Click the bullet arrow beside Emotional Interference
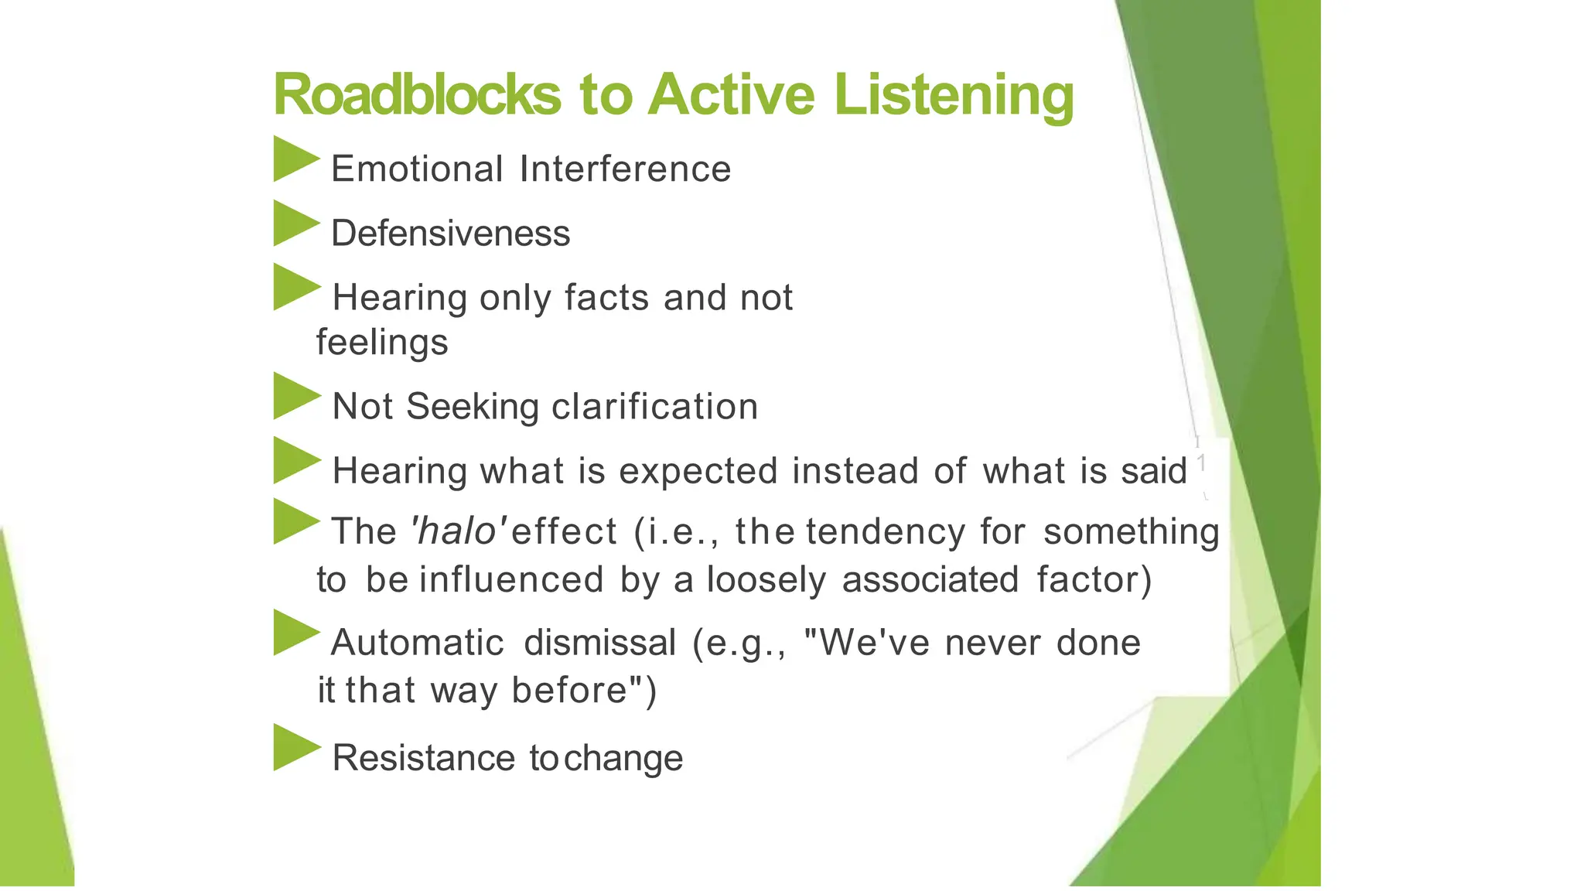(295, 159)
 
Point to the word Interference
(625, 169)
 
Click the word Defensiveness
(450, 234)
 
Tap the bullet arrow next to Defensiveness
(295, 224)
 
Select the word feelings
(382, 342)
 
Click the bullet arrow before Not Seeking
(295, 397)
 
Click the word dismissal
(599, 643)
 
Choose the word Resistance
(423, 758)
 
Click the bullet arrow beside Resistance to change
(295, 747)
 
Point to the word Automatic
(417, 643)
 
